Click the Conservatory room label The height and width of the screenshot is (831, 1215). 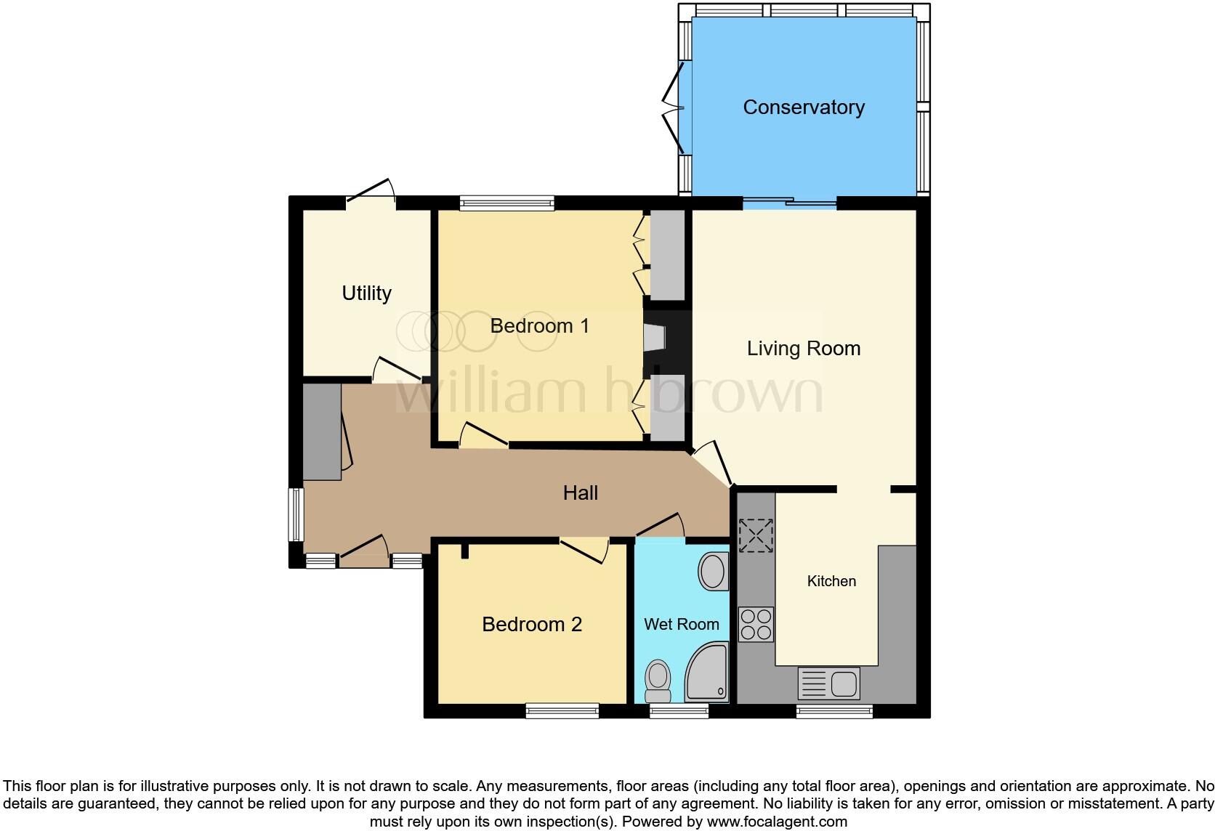pyautogui.click(x=803, y=108)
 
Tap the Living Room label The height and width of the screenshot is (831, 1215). pyautogui.click(x=803, y=349)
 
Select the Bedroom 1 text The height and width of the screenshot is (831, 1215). pyautogui.click(x=539, y=325)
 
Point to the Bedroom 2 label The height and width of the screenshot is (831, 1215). pyautogui.click(x=532, y=625)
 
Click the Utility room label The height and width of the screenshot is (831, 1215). pyautogui.click(x=366, y=293)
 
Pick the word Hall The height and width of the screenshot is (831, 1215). pyautogui.click(x=580, y=493)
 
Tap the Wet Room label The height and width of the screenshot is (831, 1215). pyautogui.click(x=681, y=624)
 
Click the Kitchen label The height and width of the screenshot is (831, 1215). pyautogui.click(x=831, y=581)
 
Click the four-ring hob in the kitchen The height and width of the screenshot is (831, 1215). pyautogui.click(x=756, y=625)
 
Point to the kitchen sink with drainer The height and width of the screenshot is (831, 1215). pyautogui.click(x=828, y=684)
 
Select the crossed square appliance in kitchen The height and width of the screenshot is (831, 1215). pyautogui.click(x=756, y=536)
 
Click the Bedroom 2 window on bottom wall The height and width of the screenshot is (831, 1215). pyautogui.click(x=562, y=710)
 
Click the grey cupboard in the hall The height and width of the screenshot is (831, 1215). pyautogui.click(x=321, y=432)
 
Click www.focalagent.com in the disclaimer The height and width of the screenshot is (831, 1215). pyautogui.click(x=777, y=822)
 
